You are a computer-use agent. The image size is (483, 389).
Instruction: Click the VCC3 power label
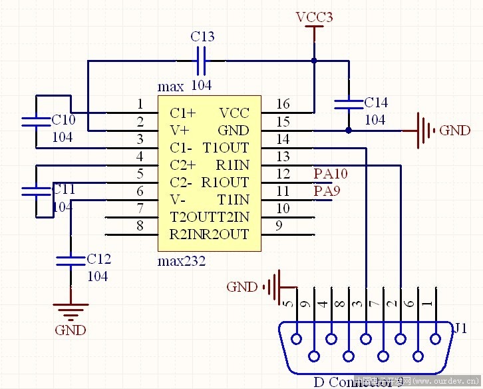[314, 17]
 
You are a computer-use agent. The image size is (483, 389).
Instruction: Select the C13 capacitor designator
[202, 37]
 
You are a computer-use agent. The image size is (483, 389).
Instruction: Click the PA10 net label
[331, 175]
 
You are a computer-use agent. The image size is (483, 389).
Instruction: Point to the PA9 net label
[327, 192]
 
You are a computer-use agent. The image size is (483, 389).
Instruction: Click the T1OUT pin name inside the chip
[226, 147]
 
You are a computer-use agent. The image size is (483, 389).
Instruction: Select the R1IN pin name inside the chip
[232, 165]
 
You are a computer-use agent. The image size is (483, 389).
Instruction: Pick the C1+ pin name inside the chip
[182, 113]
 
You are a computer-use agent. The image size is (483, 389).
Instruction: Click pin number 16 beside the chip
[283, 103]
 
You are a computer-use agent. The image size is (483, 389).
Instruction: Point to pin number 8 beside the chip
[140, 225]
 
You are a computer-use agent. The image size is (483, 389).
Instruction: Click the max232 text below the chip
[182, 261]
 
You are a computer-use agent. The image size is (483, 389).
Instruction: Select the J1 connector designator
[460, 328]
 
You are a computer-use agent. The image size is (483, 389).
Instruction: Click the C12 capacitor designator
[99, 259]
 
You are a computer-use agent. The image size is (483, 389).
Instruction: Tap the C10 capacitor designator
[64, 120]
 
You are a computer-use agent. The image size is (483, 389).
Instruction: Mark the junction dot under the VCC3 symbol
[313, 61]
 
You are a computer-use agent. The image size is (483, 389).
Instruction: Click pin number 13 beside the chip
[283, 156]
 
